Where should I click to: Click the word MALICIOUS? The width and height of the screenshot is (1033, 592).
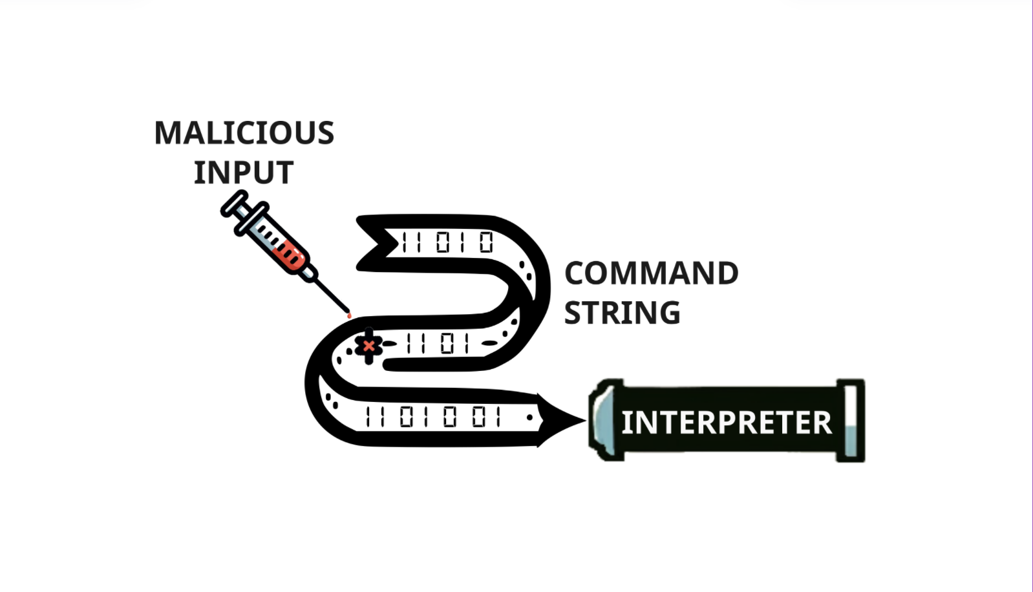(244, 134)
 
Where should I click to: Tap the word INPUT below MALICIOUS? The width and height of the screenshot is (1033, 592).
(244, 173)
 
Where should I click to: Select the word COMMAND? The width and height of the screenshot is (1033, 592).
(651, 273)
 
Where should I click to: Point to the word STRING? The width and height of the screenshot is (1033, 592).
(622, 313)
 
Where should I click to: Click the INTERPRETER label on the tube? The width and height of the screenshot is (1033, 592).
(726, 423)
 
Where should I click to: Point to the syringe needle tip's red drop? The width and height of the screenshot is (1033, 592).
(349, 315)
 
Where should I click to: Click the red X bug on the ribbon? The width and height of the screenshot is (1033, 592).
(368, 346)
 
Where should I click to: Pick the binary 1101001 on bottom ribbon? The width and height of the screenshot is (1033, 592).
(433, 418)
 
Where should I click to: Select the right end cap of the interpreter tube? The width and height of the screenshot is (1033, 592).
(851, 421)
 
